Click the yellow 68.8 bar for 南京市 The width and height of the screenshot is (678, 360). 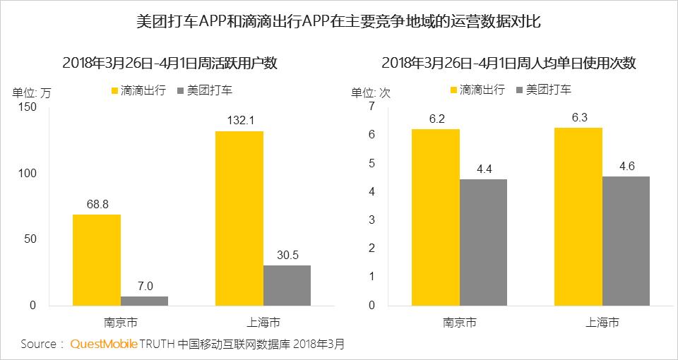click(x=97, y=260)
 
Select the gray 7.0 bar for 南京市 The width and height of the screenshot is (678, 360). click(x=144, y=301)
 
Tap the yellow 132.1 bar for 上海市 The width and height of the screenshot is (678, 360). click(x=239, y=218)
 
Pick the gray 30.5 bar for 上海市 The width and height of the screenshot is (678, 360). click(x=287, y=285)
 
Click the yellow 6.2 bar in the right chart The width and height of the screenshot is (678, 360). click(x=435, y=217)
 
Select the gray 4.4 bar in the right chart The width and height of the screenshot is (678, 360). click(x=483, y=242)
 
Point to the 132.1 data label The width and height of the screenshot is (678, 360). click(x=239, y=121)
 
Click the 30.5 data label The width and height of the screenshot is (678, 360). click(x=287, y=255)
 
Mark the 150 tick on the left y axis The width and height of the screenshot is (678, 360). click(x=26, y=107)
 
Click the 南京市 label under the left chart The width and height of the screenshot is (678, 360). click(x=121, y=322)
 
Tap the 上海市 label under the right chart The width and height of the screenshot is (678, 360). click(x=602, y=322)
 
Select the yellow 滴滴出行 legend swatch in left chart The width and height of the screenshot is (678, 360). click(x=116, y=90)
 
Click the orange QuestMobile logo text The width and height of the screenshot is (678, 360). click(x=103, y=344)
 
